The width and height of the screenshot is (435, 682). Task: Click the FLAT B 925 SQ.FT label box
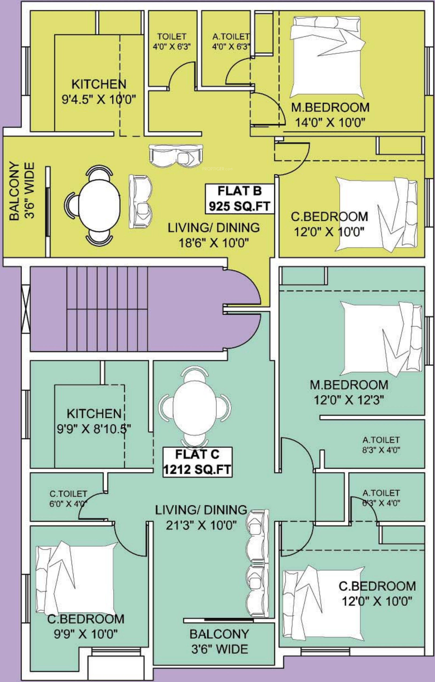pos(240,198)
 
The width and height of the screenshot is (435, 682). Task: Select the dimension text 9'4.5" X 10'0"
pos(99,99)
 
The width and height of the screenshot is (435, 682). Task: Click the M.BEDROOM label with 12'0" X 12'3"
pos(349,392)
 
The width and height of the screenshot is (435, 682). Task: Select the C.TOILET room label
pos(68,494)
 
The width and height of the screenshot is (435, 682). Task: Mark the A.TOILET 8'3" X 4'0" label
pos(381,445)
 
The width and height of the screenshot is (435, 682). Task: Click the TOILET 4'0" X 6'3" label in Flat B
pos(172,41)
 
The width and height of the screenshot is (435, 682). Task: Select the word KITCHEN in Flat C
pos(94,414)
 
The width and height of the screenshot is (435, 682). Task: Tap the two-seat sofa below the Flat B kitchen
pos(176,156)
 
